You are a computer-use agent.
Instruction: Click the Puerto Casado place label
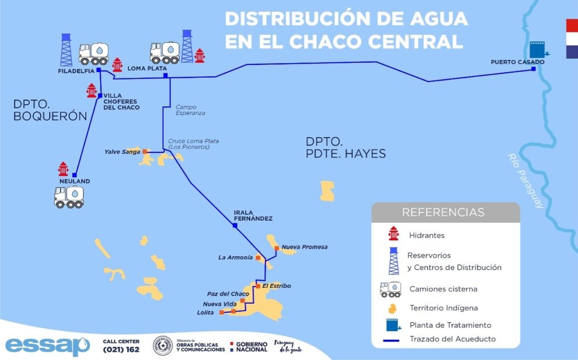point(517,62)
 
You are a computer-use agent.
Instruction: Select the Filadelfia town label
point(76,71)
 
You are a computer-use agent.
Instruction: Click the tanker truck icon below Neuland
point(69,197)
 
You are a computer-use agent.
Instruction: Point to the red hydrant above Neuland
point(63,169)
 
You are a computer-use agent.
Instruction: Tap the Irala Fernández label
point(253,216)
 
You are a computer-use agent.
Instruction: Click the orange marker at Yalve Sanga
point(144,151)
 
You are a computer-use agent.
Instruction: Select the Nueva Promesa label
point(304,247)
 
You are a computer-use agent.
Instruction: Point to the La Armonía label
point(235,257)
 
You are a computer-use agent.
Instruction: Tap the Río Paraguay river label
point(525,181)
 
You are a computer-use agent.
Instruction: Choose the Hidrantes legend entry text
point(427,235)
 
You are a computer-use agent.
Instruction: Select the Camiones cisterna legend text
point(443,289)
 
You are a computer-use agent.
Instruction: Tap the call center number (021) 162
point(121,350)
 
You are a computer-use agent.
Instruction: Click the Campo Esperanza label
point(190,109)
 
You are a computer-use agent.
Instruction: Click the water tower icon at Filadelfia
point(67,50)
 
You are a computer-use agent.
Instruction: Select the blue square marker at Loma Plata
point(165,76)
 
